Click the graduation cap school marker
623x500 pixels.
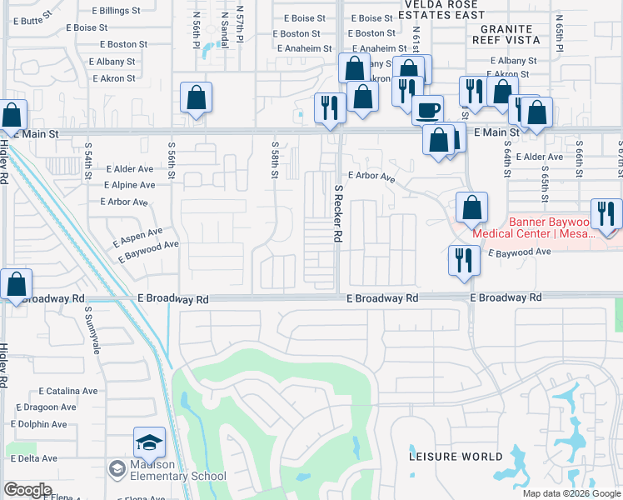(x=150, y=442)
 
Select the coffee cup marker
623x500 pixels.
(x=428, y=110)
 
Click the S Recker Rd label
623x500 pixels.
(x=339, y=213)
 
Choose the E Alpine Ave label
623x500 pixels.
(x=129, y=185)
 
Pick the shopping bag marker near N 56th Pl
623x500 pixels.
(x=196, y=98)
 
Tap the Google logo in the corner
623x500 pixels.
(x=27, y=490)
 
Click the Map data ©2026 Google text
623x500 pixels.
(x=571, y=493)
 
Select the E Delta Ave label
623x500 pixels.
(x=33, y=458)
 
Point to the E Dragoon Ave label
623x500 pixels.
(x=46, y=407)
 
